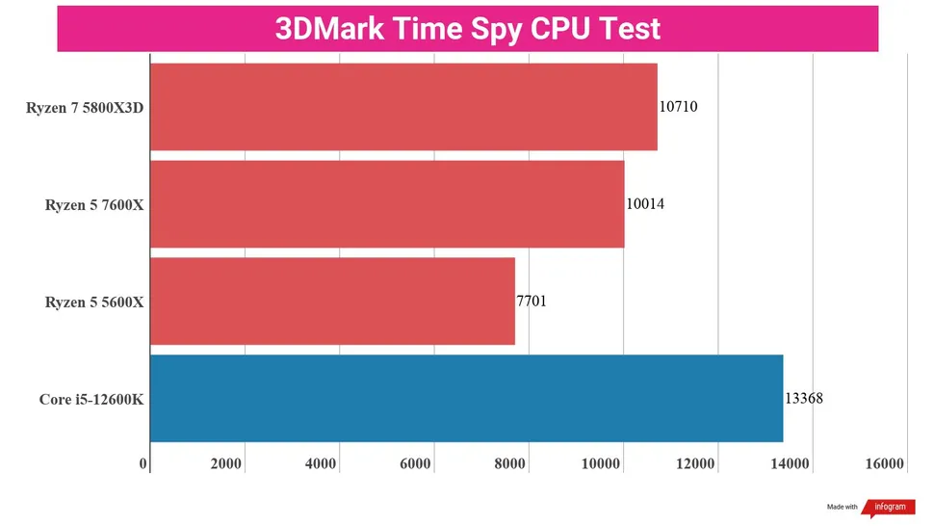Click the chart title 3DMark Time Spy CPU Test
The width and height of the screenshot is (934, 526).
click(x=468, y=28)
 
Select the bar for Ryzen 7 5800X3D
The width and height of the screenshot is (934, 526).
click(x=403, y=107)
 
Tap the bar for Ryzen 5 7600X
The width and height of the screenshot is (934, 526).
click(x=387, y=204)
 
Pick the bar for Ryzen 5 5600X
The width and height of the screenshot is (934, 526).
click(x=332, y=302)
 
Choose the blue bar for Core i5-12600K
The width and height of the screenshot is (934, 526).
click(x=466, y=399)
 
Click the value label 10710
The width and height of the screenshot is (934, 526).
click(x=678, y=107)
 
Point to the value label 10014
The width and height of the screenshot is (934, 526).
click(x=645, y=204)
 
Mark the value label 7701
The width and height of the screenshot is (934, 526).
click(x=532, y=302)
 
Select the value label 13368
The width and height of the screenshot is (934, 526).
click(x=804, y=399)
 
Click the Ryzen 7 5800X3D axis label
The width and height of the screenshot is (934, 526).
click(x=85, y=108)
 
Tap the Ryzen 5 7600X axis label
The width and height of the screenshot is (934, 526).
click(x=94, y=205)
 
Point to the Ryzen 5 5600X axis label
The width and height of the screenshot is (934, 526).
click(x=94, y=302)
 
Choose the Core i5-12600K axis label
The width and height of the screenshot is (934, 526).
click(x=91, y=400)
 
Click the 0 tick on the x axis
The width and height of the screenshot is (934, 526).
click(x=143, y=464)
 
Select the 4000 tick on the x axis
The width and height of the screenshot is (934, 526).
click(x=321, y=464)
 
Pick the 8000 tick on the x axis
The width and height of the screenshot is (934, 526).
click(x=509, y=464)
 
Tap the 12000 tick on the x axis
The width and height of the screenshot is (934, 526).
click(x=696, y=464)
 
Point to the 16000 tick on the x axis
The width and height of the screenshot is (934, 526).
click(x=885, y=464)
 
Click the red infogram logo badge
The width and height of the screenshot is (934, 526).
click(x=889, y=508)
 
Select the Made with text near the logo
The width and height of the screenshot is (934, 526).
click(x=842, y=508)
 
